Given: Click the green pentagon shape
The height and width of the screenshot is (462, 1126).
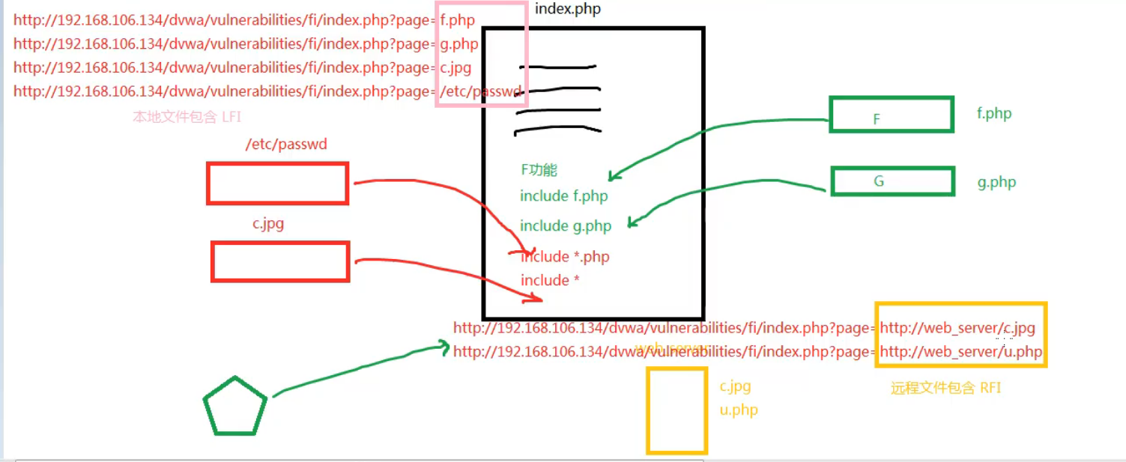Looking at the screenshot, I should pyautogui.click(x=235, y=407).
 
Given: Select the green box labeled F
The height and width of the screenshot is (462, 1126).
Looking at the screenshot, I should pyautogui.click(x=891, y=115).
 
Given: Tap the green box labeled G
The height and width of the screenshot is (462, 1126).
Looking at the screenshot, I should pyautogui.click(x=892, y=181).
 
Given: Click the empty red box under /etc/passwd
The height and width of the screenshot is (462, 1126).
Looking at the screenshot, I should pyautogui.click(x=277, y=183).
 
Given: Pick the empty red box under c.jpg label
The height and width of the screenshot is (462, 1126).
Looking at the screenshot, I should pyautogui.click(x=280, y=261).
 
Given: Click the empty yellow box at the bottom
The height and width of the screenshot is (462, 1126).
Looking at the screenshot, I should pyautogui.click(x=676, y=410).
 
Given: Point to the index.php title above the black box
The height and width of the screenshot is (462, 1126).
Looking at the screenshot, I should pyautogui.click(x=568, y=10).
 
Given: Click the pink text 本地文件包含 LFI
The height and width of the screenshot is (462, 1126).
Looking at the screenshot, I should pyautogui.click(x=187, y=117).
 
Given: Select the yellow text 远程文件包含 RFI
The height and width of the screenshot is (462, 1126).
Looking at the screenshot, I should pyautogui.click(x=945, y=388).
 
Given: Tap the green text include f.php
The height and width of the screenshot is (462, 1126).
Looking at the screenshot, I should pyautogui.click(x=563, y=196).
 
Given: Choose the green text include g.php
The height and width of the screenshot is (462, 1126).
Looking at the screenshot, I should pyautogui.click(x=566, y=226).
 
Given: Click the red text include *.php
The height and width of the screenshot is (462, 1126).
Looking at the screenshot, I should pyautogui.click(x=565, y=257).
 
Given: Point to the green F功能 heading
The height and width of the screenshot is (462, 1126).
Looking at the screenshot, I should pyautogui.click(x=539, y=170).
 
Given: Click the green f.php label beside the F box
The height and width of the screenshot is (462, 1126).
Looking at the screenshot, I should pyautogui.click(x=993, y=114).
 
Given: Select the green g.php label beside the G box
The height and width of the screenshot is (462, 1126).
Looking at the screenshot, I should pyautogui.click(x=996, y=182).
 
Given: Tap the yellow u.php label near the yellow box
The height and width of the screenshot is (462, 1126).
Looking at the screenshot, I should pyautogui.click(x=739, y=410).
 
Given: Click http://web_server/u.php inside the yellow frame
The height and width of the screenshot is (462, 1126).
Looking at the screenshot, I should pyautogui.click(x=960, y=352).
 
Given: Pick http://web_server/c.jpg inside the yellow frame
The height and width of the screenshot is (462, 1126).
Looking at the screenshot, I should pyautogui.click(x=957, y=328).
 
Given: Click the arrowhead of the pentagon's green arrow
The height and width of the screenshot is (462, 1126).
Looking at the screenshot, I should pyautogui.click(x=446, y=347).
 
